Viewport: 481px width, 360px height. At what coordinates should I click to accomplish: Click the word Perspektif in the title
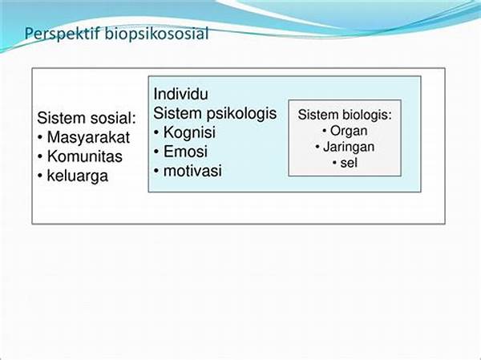coord(63,34)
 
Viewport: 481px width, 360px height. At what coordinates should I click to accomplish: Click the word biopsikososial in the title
coord(157,33)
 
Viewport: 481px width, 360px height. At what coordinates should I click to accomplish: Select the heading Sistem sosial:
coord(87,118)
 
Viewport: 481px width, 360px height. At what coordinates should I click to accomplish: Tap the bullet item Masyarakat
coord(88,137)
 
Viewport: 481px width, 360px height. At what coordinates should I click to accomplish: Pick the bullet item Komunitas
coord(85,156)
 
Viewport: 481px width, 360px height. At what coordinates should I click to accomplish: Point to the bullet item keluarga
coord(78,176)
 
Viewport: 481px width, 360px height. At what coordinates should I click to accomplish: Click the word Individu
coord(180,94)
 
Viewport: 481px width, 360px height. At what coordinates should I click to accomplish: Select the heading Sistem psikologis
coord(215,113)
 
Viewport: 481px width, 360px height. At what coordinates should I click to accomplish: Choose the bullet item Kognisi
coord(189,132)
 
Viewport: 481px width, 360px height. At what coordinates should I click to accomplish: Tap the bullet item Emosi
coord(185,152)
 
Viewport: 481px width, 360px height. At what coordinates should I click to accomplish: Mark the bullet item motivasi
coord(192,171)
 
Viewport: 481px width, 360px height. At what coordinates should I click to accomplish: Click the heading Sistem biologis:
coord(345,115)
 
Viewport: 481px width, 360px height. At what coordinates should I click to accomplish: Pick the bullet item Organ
coord(349,131)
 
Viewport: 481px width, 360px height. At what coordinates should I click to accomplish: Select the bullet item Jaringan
coord(349,147)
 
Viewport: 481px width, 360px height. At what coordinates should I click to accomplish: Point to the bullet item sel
coord(349,163)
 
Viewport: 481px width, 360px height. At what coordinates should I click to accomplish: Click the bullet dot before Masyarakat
coord(40,138)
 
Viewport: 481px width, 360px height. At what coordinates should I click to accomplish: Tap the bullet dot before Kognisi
coord(156,133)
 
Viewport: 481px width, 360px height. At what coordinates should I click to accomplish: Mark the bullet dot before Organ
coord(325,131)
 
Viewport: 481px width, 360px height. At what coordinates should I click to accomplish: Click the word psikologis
coord(241,114)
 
